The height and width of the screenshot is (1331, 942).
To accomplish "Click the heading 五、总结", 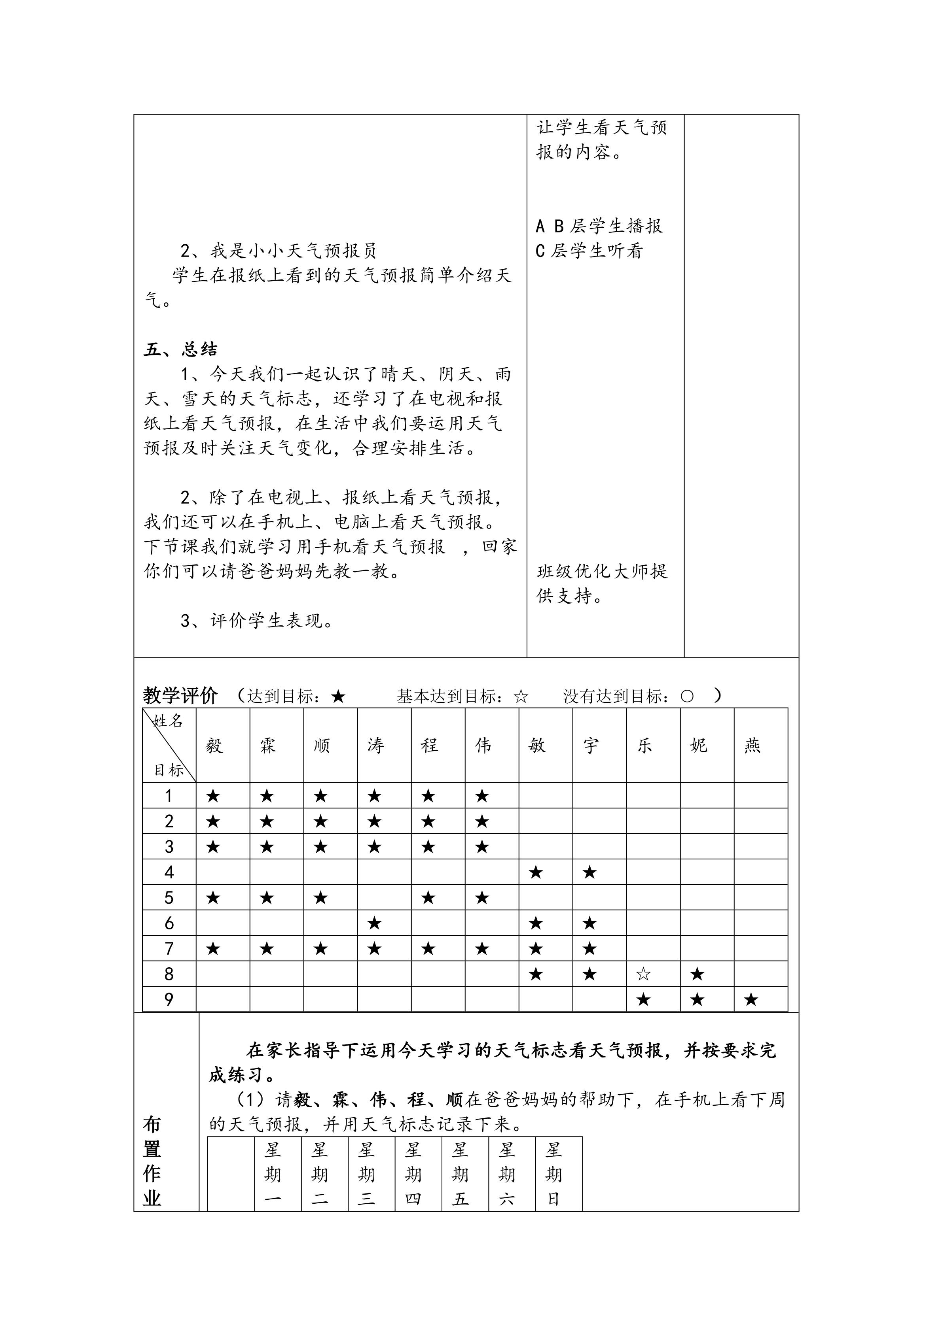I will click(180, 349).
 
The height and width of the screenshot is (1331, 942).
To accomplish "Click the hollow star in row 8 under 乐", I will click(643, 974).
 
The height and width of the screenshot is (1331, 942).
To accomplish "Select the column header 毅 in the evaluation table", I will click(214, 746).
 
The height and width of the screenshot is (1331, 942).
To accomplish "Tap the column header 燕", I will click(752, 746).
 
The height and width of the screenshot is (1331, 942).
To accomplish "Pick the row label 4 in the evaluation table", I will click(169, 872).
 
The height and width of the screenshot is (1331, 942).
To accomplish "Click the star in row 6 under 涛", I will click(375, 923).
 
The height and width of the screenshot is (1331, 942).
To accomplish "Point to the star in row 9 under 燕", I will click(751, 1000).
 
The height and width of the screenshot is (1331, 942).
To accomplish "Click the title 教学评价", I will click(180, 696).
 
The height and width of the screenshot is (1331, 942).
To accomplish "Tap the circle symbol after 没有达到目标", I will click(687, 696).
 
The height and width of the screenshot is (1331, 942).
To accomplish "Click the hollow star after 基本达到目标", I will click(521, 696).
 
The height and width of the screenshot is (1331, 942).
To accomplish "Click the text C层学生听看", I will click(589, 251).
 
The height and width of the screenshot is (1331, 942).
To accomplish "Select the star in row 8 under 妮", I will click(697, 974).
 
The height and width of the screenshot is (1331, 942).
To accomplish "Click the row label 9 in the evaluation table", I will click(169, 1000).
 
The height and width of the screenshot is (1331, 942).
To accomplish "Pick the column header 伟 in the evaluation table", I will click(483, 746).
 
